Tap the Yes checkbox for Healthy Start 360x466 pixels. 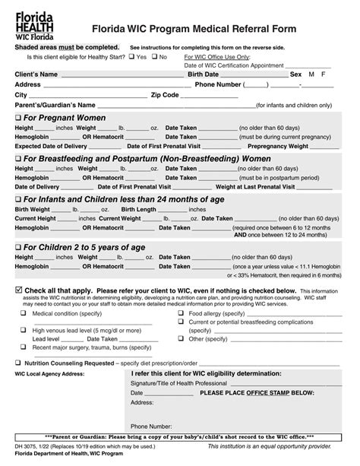click(131, 56)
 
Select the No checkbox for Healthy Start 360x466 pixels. click(154, 56)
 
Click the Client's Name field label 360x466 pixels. click(36, 74)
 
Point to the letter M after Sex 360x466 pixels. click(310, 74)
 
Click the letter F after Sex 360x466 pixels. click(324, 74)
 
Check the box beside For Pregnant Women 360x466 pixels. click(19, 118)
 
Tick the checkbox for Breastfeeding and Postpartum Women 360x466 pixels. click(19, 158)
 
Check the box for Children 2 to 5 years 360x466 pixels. click(19, 247)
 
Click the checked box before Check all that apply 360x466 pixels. click(19, 290)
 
